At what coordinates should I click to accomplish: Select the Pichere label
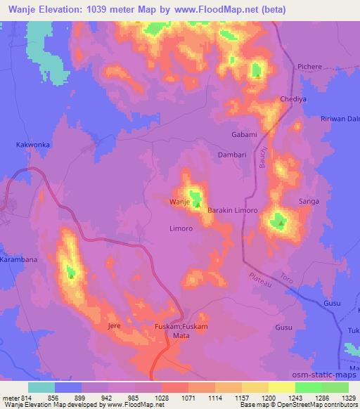(309, 67)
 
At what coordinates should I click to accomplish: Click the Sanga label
(309, 202)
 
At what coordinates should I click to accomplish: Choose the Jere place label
(114, 327)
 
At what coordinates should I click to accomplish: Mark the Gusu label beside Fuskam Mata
(283, 327)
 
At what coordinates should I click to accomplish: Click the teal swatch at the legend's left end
(41, 387)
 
